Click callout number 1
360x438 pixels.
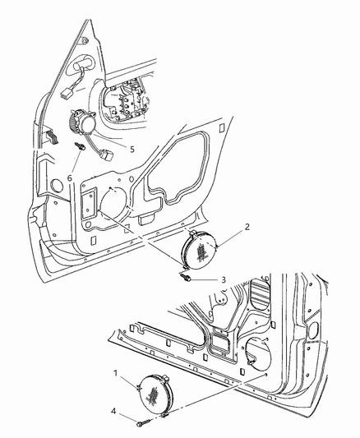(x=116, y=373)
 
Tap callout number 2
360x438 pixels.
(x=247, y=227)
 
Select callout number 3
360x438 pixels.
(x=224, y=279)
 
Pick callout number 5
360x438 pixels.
(x=132, y=150)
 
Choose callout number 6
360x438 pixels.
(x=70, y=178)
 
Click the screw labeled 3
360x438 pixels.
(x=186, y=277)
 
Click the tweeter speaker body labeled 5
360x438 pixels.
(x=82, y=122)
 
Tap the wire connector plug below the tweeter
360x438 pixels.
(x=106, y=154)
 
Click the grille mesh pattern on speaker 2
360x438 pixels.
(x=202, y=251)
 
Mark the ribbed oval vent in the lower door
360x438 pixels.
(x=261, y=296)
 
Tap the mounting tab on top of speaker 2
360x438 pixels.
(x=193, y=233)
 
